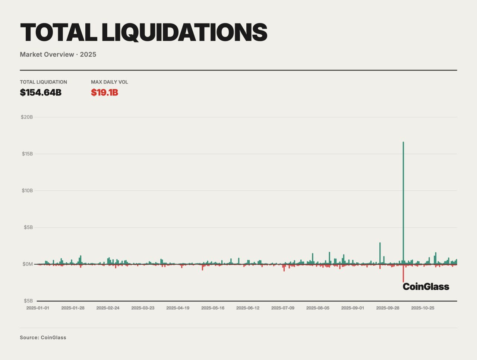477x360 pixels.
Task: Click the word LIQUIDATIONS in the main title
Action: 184,32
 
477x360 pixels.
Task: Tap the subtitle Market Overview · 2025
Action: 58,54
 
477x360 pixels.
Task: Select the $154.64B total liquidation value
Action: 41,92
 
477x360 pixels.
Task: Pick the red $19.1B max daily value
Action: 104,92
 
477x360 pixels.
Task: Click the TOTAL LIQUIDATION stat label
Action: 44,82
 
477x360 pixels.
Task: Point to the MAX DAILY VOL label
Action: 109,82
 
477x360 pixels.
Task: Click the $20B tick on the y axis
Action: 27,117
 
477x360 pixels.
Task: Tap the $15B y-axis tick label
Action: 27,154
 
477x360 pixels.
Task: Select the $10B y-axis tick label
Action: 27,190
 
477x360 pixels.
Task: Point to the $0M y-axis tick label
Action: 28,264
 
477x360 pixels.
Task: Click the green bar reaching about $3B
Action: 380,253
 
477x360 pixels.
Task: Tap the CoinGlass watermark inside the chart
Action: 426,287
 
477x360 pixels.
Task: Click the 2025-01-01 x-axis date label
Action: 38,308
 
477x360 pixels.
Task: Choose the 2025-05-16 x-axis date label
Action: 213,308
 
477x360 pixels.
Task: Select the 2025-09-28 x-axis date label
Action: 388,308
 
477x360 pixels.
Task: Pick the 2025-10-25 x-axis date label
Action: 423,308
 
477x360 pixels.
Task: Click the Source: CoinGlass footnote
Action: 43,338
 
